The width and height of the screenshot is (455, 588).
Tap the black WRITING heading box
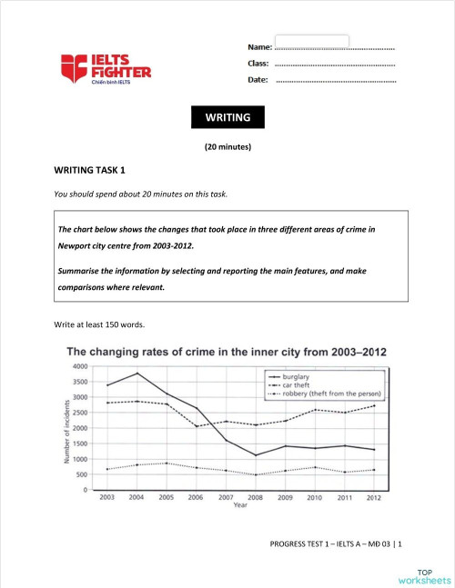click(x=227, y=117)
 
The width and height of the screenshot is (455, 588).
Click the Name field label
click(x=259, y=45)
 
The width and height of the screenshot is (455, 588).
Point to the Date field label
click(x=258, y=81)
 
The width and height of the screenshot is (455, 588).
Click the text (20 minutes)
click(x=227, y=146)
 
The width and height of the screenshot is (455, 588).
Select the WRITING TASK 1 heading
click(x=90, y=170)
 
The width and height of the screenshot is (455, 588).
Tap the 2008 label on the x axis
click(x=258, y=498)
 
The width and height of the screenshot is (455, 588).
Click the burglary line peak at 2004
click(x=136, y=374)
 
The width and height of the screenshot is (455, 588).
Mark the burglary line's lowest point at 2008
click(x=258, y=455)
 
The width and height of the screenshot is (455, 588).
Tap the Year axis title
click(x=240, y=506)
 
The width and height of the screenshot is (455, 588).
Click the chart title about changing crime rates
click(x=227, y=352)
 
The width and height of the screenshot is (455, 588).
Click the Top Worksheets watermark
click(x=422, y=569)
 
